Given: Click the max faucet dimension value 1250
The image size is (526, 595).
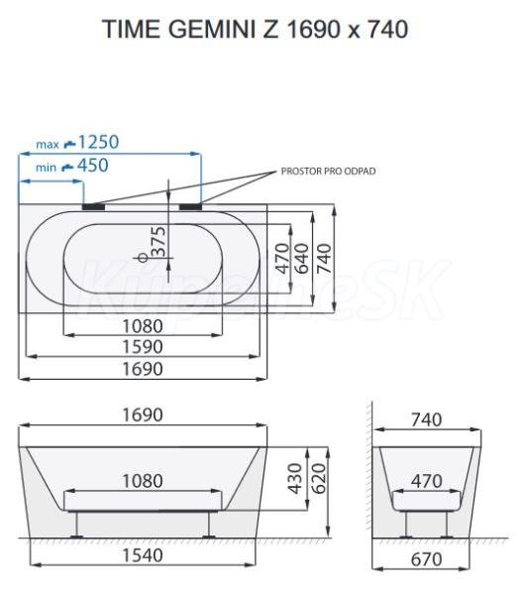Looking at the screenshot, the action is [x=98, y=142].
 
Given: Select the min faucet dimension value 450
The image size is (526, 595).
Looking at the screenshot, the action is [x=92, y=166].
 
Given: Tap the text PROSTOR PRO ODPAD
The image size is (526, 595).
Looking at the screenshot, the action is [x=328, y=172].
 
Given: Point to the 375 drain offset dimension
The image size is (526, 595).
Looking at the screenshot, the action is [x=158, y=242].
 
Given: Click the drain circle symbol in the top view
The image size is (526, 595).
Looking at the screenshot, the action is [x=143, y=258].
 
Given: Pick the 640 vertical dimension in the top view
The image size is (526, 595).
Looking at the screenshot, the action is [x=302, y=259].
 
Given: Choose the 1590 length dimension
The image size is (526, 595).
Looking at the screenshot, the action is [x=143, y=347].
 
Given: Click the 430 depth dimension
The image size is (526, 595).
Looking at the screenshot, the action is [x=295, y=479].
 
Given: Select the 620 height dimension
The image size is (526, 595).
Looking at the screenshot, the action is [x=319, y=479].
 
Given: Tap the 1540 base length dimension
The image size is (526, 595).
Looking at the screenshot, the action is [x=143, y=555].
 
